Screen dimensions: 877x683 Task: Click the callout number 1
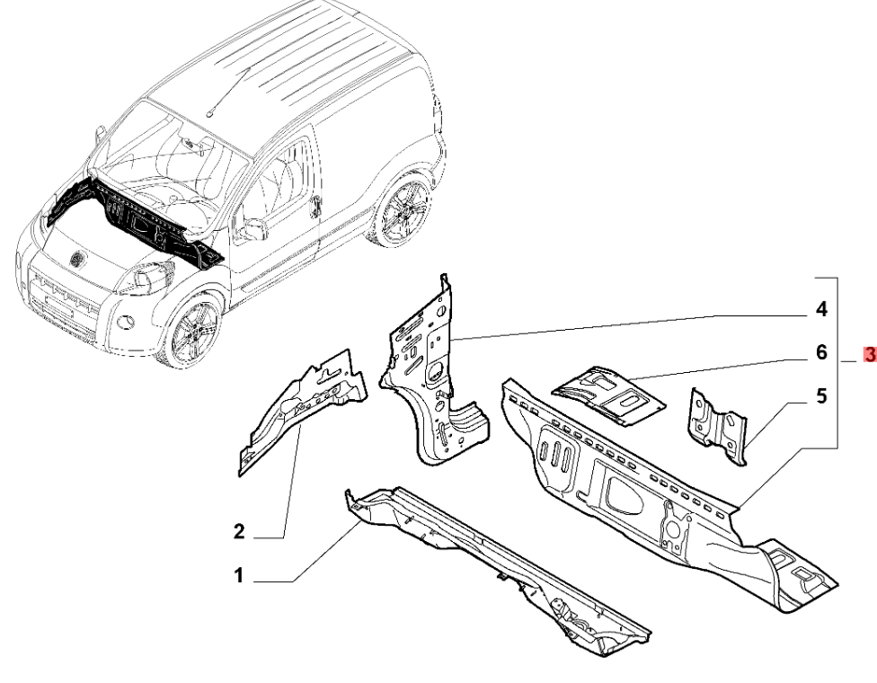click(239, 575)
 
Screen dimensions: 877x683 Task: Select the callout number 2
click(239, 531)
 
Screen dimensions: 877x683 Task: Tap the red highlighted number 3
click(870, 355)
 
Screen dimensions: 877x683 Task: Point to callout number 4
click(821, 309)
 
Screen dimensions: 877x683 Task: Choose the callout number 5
click(821, 396)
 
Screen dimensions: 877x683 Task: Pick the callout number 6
click(821, 352)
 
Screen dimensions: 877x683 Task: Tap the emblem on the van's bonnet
click(76, 259)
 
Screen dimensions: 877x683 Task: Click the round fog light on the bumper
click(127, 323)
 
